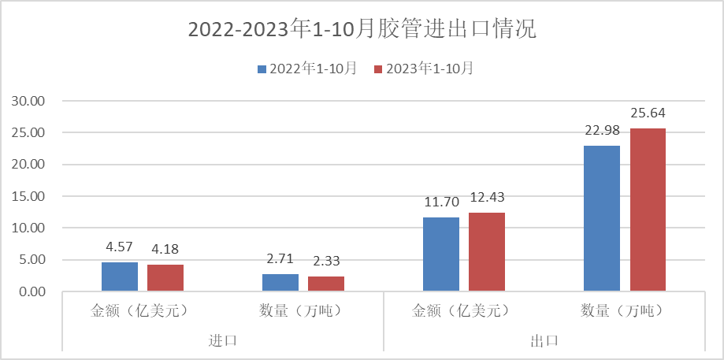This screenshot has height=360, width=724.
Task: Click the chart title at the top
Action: [x=362, y=30]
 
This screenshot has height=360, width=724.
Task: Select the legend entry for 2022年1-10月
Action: [x=307, y=69]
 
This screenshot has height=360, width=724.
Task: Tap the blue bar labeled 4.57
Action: [x=120, y=276]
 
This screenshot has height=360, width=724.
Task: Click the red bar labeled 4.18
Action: [x=165, y=278]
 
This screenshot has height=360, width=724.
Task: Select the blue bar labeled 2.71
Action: [x=280, y=283]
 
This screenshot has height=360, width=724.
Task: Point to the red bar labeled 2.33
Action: [x=326, y=284]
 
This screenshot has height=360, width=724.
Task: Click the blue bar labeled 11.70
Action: [x=441, y=254]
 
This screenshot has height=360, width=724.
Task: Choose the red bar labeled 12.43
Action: [x=487, y=252]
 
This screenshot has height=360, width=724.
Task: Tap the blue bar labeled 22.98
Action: [x=602, y=218]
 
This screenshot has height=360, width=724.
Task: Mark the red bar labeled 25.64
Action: [x=648, y=210]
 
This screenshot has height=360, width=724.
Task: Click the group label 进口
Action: [x=223, y=340]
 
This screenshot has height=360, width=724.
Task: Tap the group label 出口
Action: [x=544, y=340]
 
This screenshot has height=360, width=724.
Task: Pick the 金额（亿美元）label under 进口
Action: [x=143, y=310]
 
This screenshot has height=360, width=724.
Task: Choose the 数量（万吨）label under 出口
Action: [x=625, y=310]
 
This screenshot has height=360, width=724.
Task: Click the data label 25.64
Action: [x=648, y=113]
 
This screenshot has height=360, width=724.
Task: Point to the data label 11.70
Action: [x=441, y=202]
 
